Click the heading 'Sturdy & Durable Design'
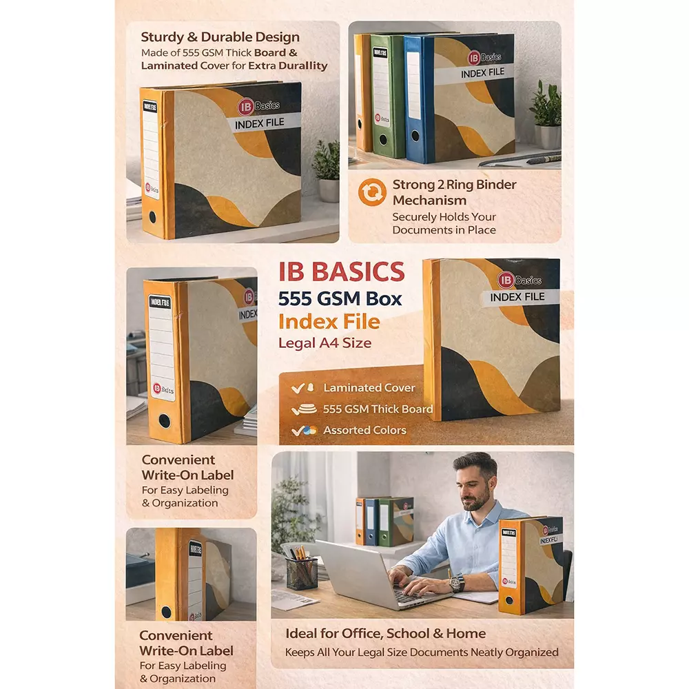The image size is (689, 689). (x=220, y=37)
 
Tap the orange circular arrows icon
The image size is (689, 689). (x=372, y=193)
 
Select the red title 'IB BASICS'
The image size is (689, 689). (x=341, y=271)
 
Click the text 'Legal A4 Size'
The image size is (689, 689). (x=325, y=342)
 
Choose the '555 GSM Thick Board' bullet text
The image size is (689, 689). (x=378, y=409)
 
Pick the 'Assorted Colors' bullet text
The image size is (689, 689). (x=364, y=430)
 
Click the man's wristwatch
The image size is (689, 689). (x=455, y=583)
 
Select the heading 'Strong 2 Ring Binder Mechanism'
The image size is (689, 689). (x=454, y=192)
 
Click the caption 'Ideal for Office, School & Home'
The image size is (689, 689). (x=385, y=633)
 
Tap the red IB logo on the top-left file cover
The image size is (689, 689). (x=245, y=107)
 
